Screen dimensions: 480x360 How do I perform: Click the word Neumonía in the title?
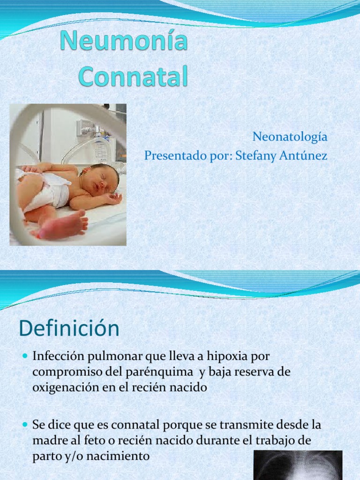[124, 43]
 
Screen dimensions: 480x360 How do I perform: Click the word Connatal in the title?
[133, 76]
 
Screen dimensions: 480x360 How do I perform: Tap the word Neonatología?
[290, 137]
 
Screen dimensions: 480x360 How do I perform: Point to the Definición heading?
[69, 329]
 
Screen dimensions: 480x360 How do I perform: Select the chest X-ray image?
[298, 465]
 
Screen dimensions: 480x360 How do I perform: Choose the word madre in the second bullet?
[49, 441]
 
